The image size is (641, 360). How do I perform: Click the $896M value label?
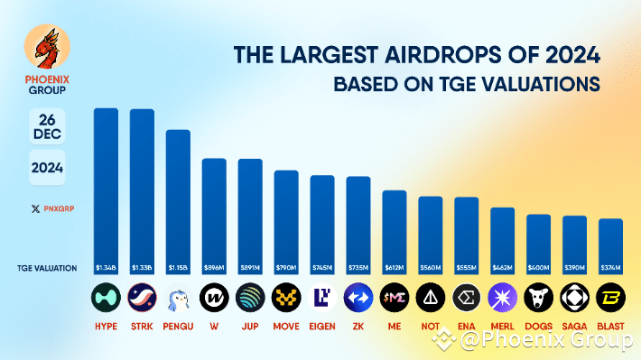tap(214, 268)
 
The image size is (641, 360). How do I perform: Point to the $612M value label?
tap(394, 268)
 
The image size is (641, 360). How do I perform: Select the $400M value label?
tap(538, 268)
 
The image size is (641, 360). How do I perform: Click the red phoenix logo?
tap(45, 47)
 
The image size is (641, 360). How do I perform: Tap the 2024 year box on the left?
tap(47, 168)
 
